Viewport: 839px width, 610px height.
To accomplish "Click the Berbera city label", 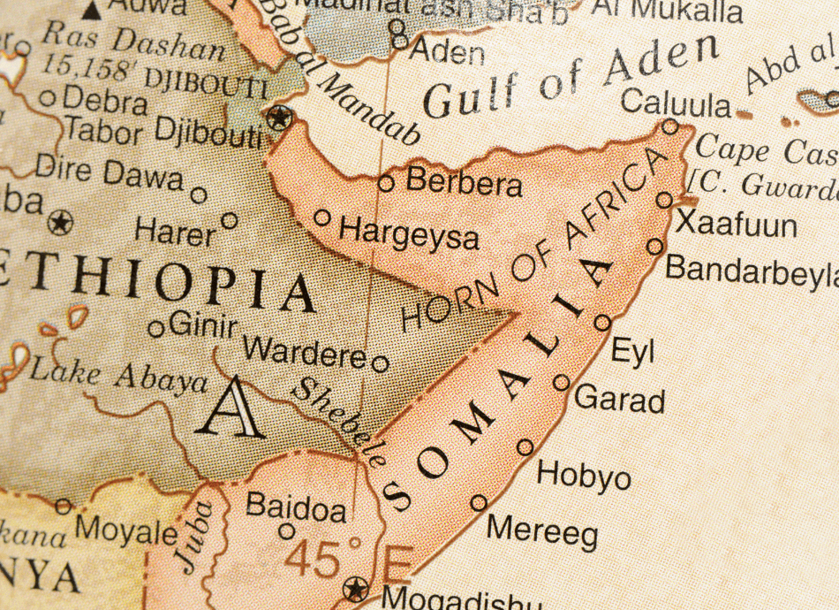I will pyautogui.click(x=464, y=183).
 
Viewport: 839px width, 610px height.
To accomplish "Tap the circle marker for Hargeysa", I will pyautogui.click(x=322, y=217).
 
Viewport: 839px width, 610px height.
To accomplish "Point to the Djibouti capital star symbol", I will pyautogui.click(x=280, y=116).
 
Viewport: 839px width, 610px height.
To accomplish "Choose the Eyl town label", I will pyautogui.click(x=632, y=351).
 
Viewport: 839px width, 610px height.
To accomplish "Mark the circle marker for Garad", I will pyautogui.click(x=562, y=382).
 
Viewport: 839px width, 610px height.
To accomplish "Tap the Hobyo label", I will pyautogui.click(x=584, y=477).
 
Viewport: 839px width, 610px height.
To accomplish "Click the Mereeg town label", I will pyautogui.click(x=542, y=531).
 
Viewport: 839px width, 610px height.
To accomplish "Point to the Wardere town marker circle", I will pyautogui.click(x=380, y=363).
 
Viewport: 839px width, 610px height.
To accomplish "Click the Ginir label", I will pyautogui.click(x=202, y=325).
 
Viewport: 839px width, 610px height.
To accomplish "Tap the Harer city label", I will pyautogui.click(x=175, y=233).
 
